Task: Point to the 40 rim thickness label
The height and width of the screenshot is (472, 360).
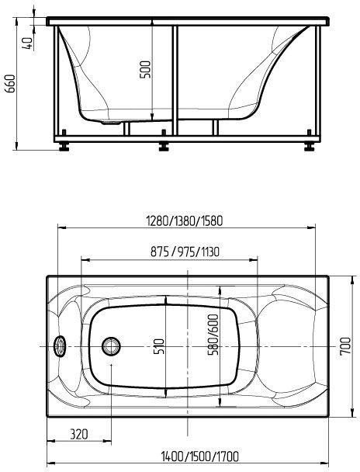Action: click(29, 43)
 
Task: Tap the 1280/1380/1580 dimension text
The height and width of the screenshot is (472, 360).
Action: click(185, 220)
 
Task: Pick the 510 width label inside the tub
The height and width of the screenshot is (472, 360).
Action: click(159, 345)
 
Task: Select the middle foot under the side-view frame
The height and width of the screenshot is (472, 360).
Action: click(164, 144)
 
